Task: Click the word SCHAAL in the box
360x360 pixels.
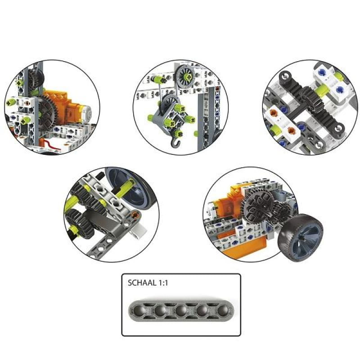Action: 142,283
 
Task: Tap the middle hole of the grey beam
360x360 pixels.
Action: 181,311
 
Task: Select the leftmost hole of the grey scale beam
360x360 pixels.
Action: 139,311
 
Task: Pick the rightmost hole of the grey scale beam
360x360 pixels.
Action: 223,311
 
